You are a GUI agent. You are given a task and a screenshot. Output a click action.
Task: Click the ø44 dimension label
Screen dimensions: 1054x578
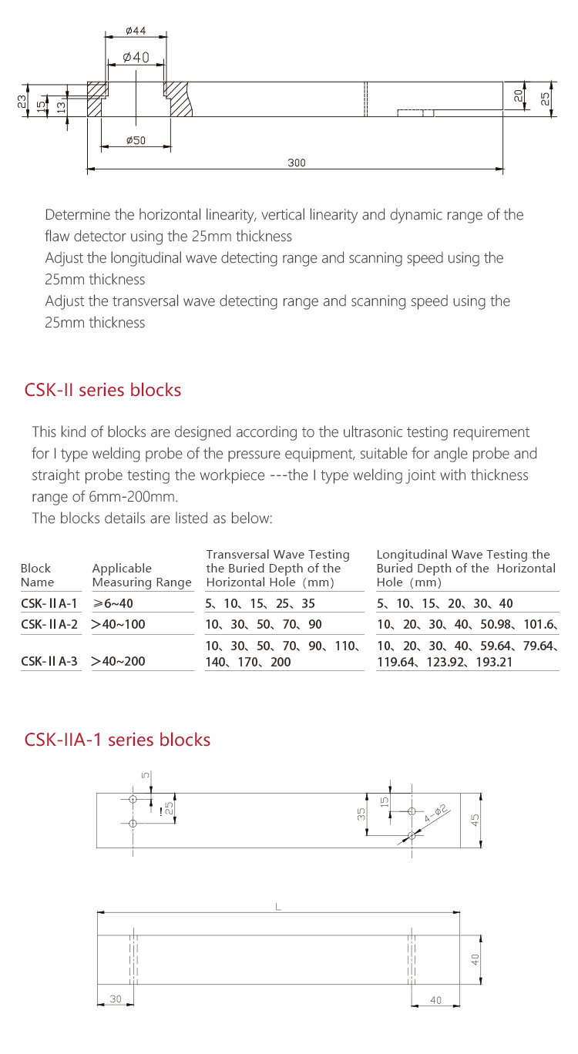[x=136, y=32]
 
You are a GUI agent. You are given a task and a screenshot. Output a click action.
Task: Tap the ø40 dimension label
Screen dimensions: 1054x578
[x=136, y=58]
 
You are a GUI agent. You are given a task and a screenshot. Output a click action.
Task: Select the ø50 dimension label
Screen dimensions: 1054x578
[x=136, y=140]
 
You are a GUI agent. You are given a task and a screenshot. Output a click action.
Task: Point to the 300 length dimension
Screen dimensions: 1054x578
[x=297, y=163]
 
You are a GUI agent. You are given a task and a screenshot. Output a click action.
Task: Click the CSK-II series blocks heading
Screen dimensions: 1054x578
[x=103, y=390]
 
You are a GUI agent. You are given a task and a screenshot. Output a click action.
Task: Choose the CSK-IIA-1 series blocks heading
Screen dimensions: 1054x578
[x=117, y=740]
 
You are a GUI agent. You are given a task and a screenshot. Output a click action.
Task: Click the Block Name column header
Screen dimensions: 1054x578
[x=37, y=575]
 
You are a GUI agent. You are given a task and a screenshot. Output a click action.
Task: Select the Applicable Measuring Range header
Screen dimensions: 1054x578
[x=141, y=575]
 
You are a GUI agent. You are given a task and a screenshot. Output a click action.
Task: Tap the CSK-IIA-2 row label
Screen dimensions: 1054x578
[x=49, y=624]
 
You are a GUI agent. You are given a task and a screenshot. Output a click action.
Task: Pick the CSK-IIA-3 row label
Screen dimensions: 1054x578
[x=49, y=660]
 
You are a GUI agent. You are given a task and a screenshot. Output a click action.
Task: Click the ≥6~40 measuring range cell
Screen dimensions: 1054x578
[x=113, y=604]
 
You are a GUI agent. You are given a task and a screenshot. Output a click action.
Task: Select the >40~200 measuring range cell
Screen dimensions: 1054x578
[x=118, y=660]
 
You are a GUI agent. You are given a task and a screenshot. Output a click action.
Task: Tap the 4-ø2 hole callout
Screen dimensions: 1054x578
[x=435, y=813]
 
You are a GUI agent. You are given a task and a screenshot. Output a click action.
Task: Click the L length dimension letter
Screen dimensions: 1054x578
[x=278, y=908]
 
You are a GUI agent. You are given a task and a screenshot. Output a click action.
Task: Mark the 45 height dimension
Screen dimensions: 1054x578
[x=476, y=821]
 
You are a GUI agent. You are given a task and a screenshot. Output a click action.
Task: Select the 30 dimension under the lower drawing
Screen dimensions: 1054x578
[x=116, y=999]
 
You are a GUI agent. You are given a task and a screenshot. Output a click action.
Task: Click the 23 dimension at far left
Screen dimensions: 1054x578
[x=22, y=100]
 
